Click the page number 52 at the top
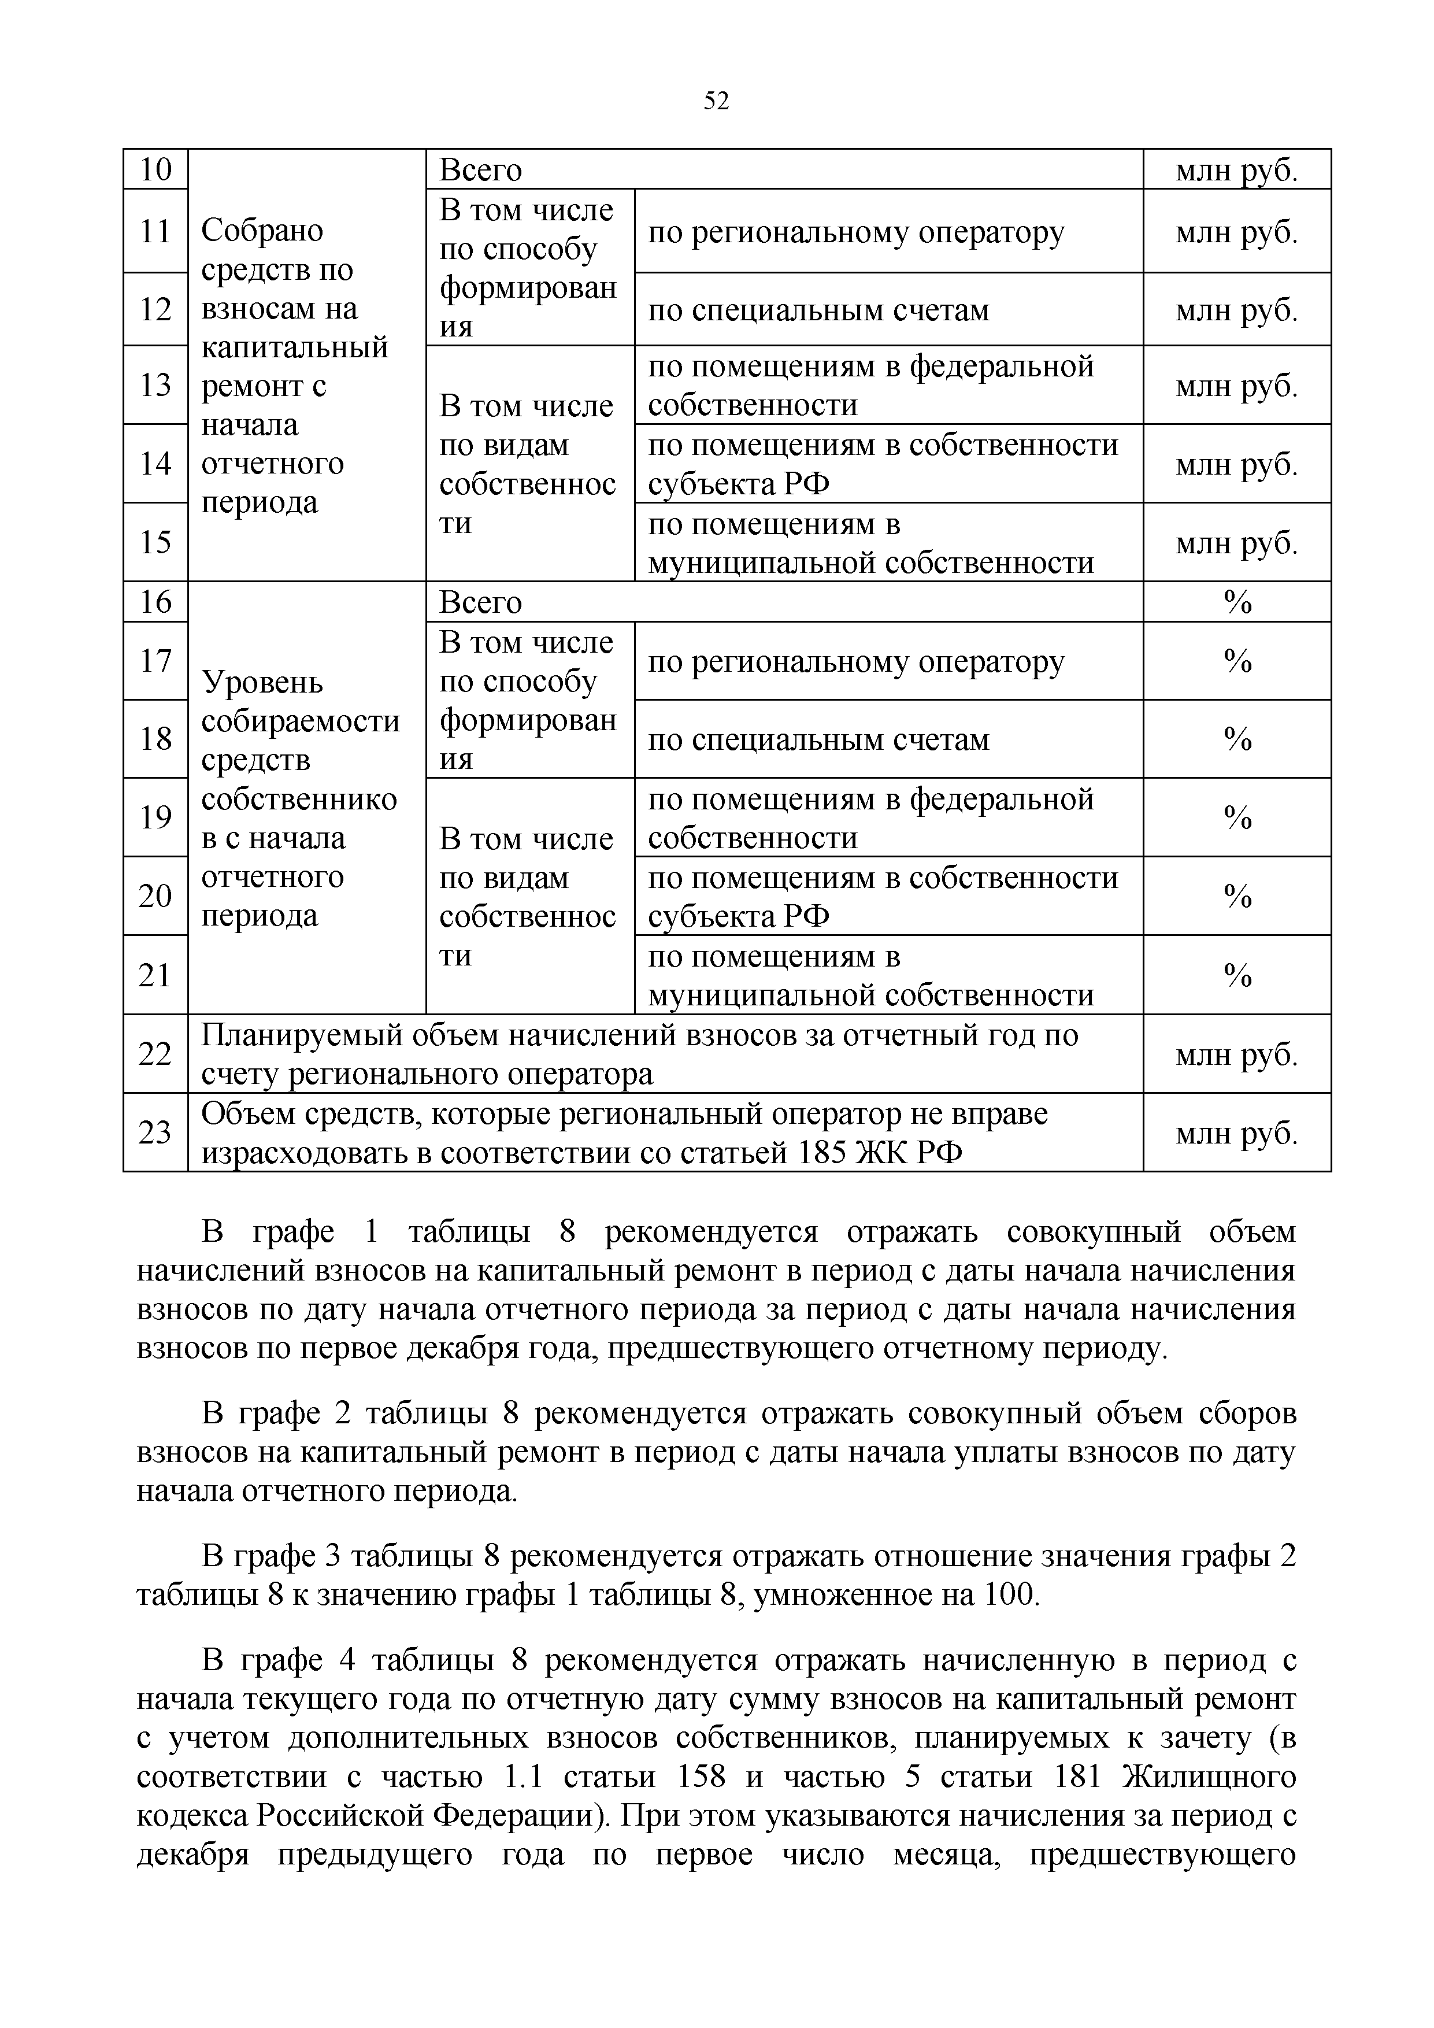click(716, 102)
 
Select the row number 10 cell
click(155, 169)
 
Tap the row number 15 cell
click(155, 542)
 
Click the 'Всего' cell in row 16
click(481, 602)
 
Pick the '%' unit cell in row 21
click(1237, 975)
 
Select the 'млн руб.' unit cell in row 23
click(1236, 1133)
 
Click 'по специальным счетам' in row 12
click(818, 310)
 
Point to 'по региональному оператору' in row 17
click(855, 661)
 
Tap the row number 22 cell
click(155, 1054)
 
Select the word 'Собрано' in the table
click(262, 231)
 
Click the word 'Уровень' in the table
click(262, 683)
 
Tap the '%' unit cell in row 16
click(1237, 602)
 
